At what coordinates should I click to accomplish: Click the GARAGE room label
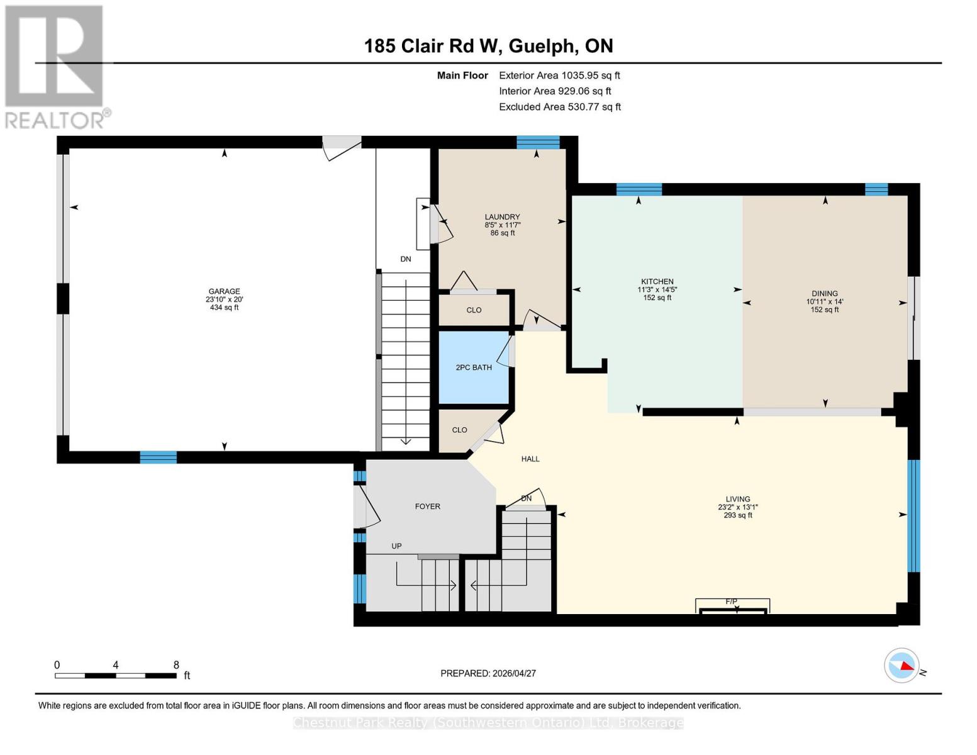point(224,291)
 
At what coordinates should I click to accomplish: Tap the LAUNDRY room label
point(502,217)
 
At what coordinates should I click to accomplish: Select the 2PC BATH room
point(474,367)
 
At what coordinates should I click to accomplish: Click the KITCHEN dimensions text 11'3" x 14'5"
point(657,290)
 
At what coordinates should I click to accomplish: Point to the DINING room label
point(824,293)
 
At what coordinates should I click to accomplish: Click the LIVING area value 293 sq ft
point(737,515)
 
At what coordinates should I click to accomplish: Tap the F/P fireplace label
point(731,601)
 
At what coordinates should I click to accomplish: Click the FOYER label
point(427,506)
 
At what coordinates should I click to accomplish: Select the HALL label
point(530,459)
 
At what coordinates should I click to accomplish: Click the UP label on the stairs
point(396,546)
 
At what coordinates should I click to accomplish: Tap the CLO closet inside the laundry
point(474,310)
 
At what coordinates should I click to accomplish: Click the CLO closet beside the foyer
point(459,430)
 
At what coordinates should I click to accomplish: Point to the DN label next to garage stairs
point(405,259)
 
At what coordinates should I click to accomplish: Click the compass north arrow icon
point(902,665)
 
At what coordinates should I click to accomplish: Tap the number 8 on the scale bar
point(176,665)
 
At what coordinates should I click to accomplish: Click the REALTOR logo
point(55,66)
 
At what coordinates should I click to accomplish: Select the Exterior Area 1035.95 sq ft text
point(559,75)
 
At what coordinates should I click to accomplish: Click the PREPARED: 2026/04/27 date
point(488,673)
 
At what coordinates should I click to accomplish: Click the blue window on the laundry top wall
point(538,142)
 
